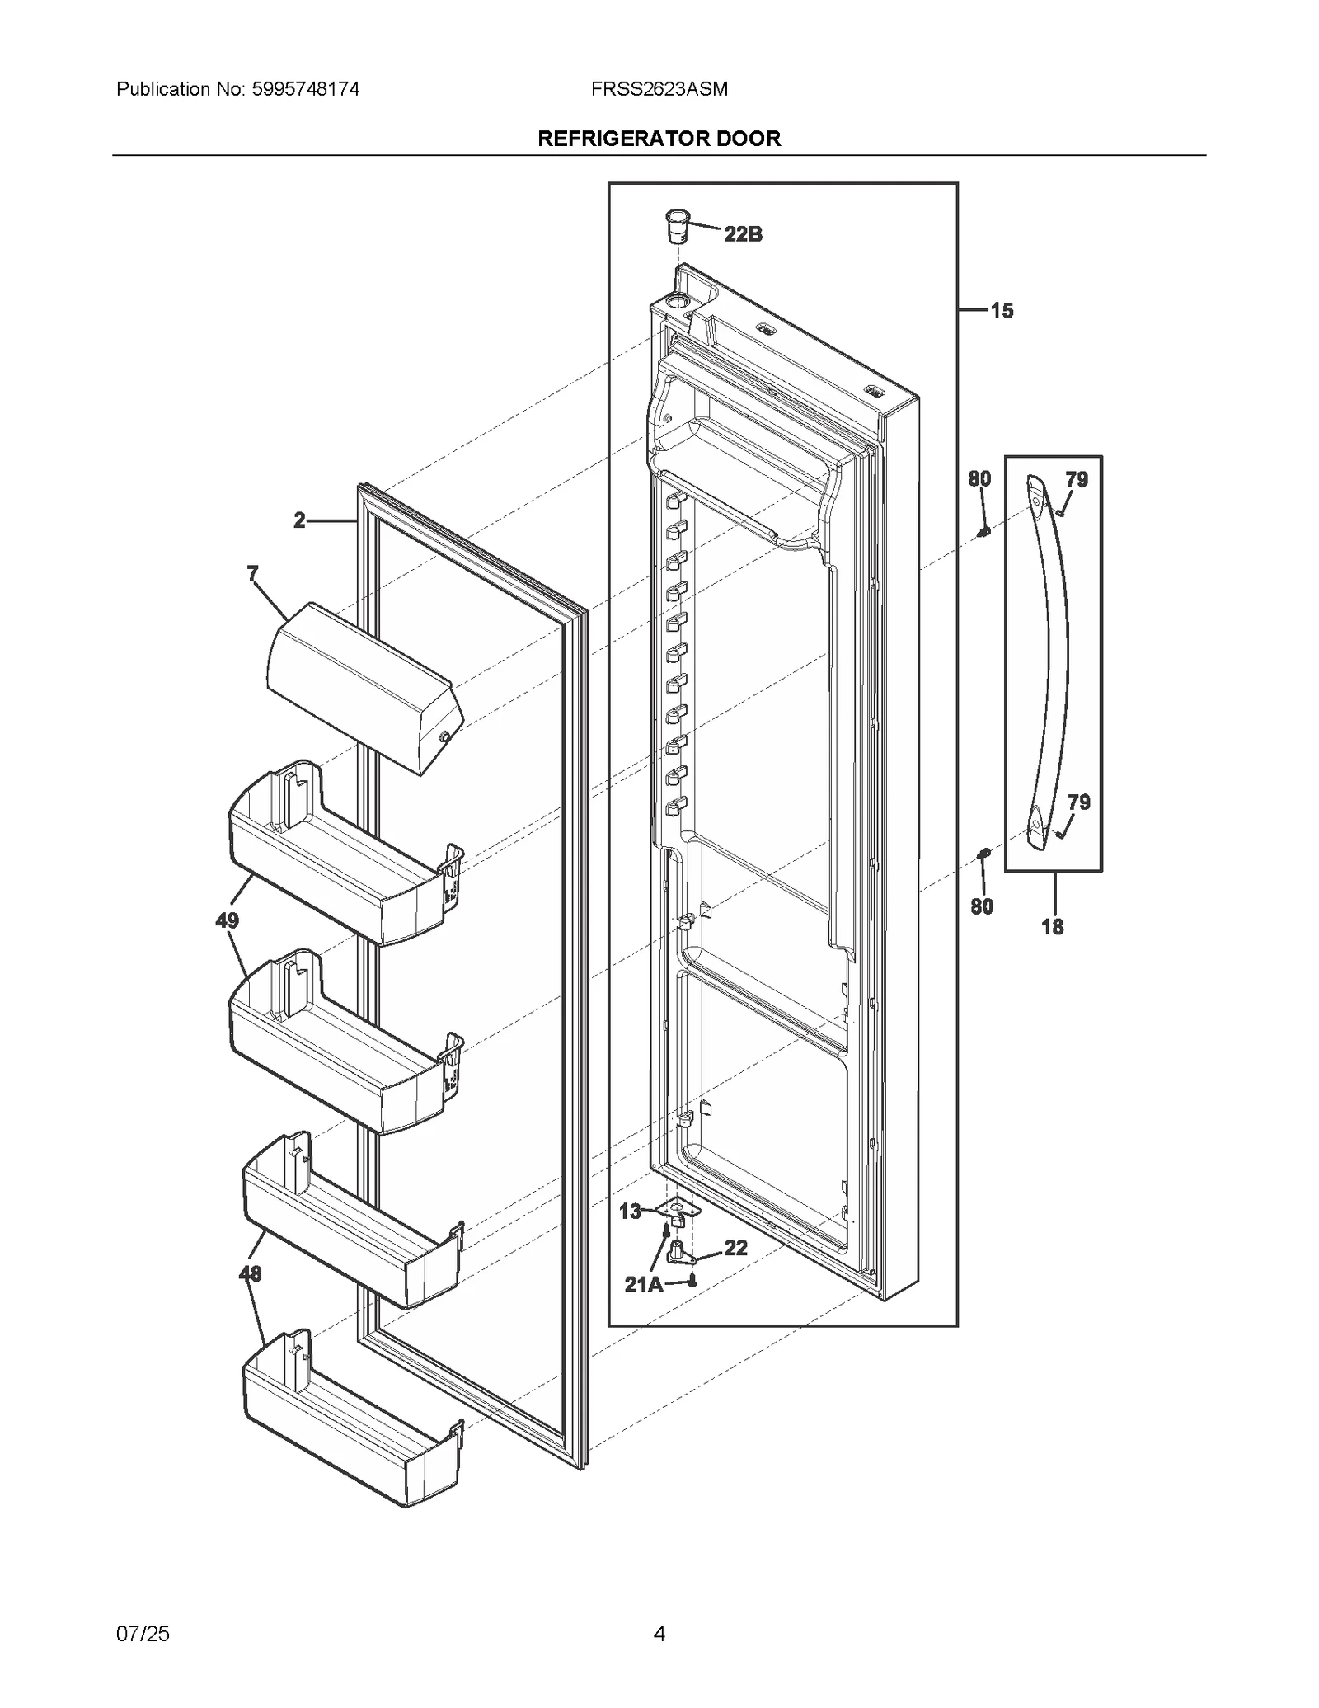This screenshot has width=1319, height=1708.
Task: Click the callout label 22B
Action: click(743, 234)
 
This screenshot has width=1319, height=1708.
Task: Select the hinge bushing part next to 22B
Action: click(677, 225)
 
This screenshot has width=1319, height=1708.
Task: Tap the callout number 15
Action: click(1002, 311)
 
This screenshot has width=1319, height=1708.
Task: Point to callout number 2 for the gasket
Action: click(299, 520)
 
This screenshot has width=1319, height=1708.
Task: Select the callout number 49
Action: click(228, 920)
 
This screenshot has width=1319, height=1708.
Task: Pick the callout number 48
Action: click(250, 1274)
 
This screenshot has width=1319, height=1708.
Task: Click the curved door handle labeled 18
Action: click(1050, 660)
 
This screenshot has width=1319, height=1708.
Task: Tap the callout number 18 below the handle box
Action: click(1052, 927)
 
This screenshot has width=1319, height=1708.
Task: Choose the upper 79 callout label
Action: click(1077, 479)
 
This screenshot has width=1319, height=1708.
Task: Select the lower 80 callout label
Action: click(981, 907)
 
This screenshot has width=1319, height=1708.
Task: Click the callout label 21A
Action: click(643, 1284)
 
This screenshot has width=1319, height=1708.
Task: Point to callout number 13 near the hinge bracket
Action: click(630, 1212)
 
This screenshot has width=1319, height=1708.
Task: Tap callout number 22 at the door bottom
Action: click(735, 1248)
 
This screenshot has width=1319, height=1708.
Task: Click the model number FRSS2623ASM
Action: click(659, 89)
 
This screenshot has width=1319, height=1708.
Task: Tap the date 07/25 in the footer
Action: click(143, 1634)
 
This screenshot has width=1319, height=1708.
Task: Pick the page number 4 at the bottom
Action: click(659, 1634)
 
